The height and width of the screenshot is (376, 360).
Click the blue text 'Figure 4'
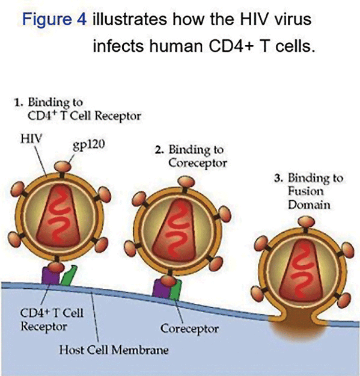54,19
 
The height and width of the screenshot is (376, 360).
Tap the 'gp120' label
89,146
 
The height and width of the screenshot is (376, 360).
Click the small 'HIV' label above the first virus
31,138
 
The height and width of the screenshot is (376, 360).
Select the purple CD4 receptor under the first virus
50,276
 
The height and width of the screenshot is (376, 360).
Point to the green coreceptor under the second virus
175,290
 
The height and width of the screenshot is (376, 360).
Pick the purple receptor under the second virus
162,288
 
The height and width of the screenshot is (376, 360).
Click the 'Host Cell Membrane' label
114,350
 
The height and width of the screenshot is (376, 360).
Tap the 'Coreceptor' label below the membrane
189,328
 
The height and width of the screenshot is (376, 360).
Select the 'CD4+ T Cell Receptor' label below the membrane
52,319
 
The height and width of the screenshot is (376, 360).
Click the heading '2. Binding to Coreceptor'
191,156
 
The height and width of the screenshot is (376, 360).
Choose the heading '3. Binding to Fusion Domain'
309,191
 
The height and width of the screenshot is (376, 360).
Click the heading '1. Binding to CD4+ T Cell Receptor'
78,109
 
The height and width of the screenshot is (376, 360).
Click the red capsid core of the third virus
301,270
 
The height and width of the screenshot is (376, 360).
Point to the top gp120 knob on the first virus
63,166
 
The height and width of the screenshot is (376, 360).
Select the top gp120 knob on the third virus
306,221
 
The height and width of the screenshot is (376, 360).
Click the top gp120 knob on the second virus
186,182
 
